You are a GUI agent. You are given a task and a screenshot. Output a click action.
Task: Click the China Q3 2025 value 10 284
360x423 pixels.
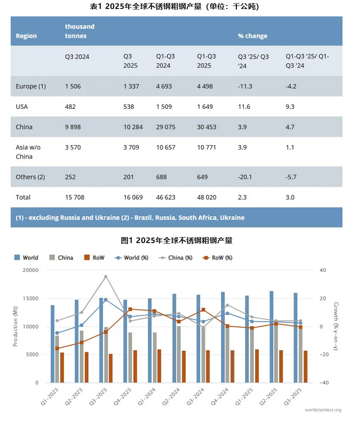point(133,127)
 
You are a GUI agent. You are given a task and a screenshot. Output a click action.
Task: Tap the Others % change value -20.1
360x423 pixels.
point(245,177)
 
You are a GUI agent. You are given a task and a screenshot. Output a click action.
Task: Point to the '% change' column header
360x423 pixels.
point(252,36)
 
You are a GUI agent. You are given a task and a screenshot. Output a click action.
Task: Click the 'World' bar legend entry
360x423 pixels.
point(26,257)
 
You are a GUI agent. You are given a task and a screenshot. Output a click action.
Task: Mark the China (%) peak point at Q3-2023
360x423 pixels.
point(105,276)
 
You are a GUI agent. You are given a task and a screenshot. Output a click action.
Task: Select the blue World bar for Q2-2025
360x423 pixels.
point(271,337)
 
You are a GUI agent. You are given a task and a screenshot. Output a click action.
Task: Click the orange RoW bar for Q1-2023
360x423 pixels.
point(62,367)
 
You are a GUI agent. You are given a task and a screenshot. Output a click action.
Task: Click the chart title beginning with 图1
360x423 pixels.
point(176,241)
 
